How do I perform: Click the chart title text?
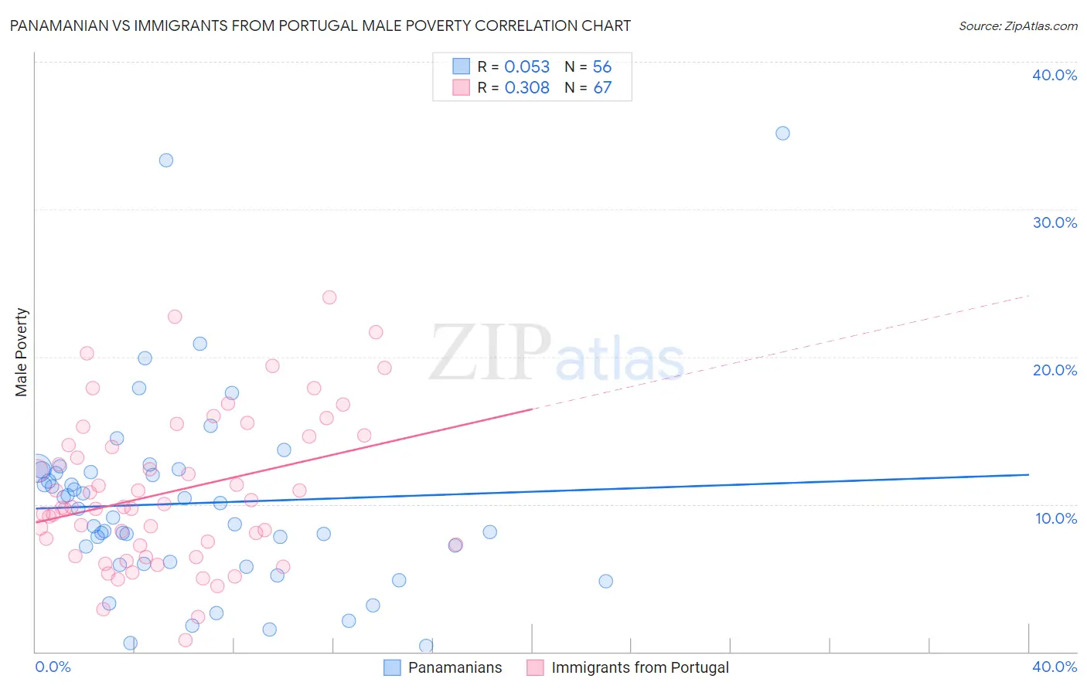tap(320, 25)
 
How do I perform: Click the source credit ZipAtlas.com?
tap(1017, 25)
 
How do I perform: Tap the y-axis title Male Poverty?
tap(22, 352)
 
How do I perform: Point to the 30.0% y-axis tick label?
tap(1055, 222)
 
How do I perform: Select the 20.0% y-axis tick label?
tap(1055, 370)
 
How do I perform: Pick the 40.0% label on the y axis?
tap(1055, 75)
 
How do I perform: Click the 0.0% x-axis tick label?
tap(53, 667)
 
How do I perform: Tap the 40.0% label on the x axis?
tap(1055, 667)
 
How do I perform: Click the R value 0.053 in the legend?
tap(526, 67)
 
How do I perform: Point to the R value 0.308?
tap(526, 88)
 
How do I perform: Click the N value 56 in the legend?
tap(602, 67)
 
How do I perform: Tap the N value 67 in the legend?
tap(602, 88)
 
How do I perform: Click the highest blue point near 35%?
tap(782, 133)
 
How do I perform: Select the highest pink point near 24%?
tap(329, 297)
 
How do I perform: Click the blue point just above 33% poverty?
tap(165, 161)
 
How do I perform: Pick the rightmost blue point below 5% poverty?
tap(605, 581)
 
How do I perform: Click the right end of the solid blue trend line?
tap(1028, 474)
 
